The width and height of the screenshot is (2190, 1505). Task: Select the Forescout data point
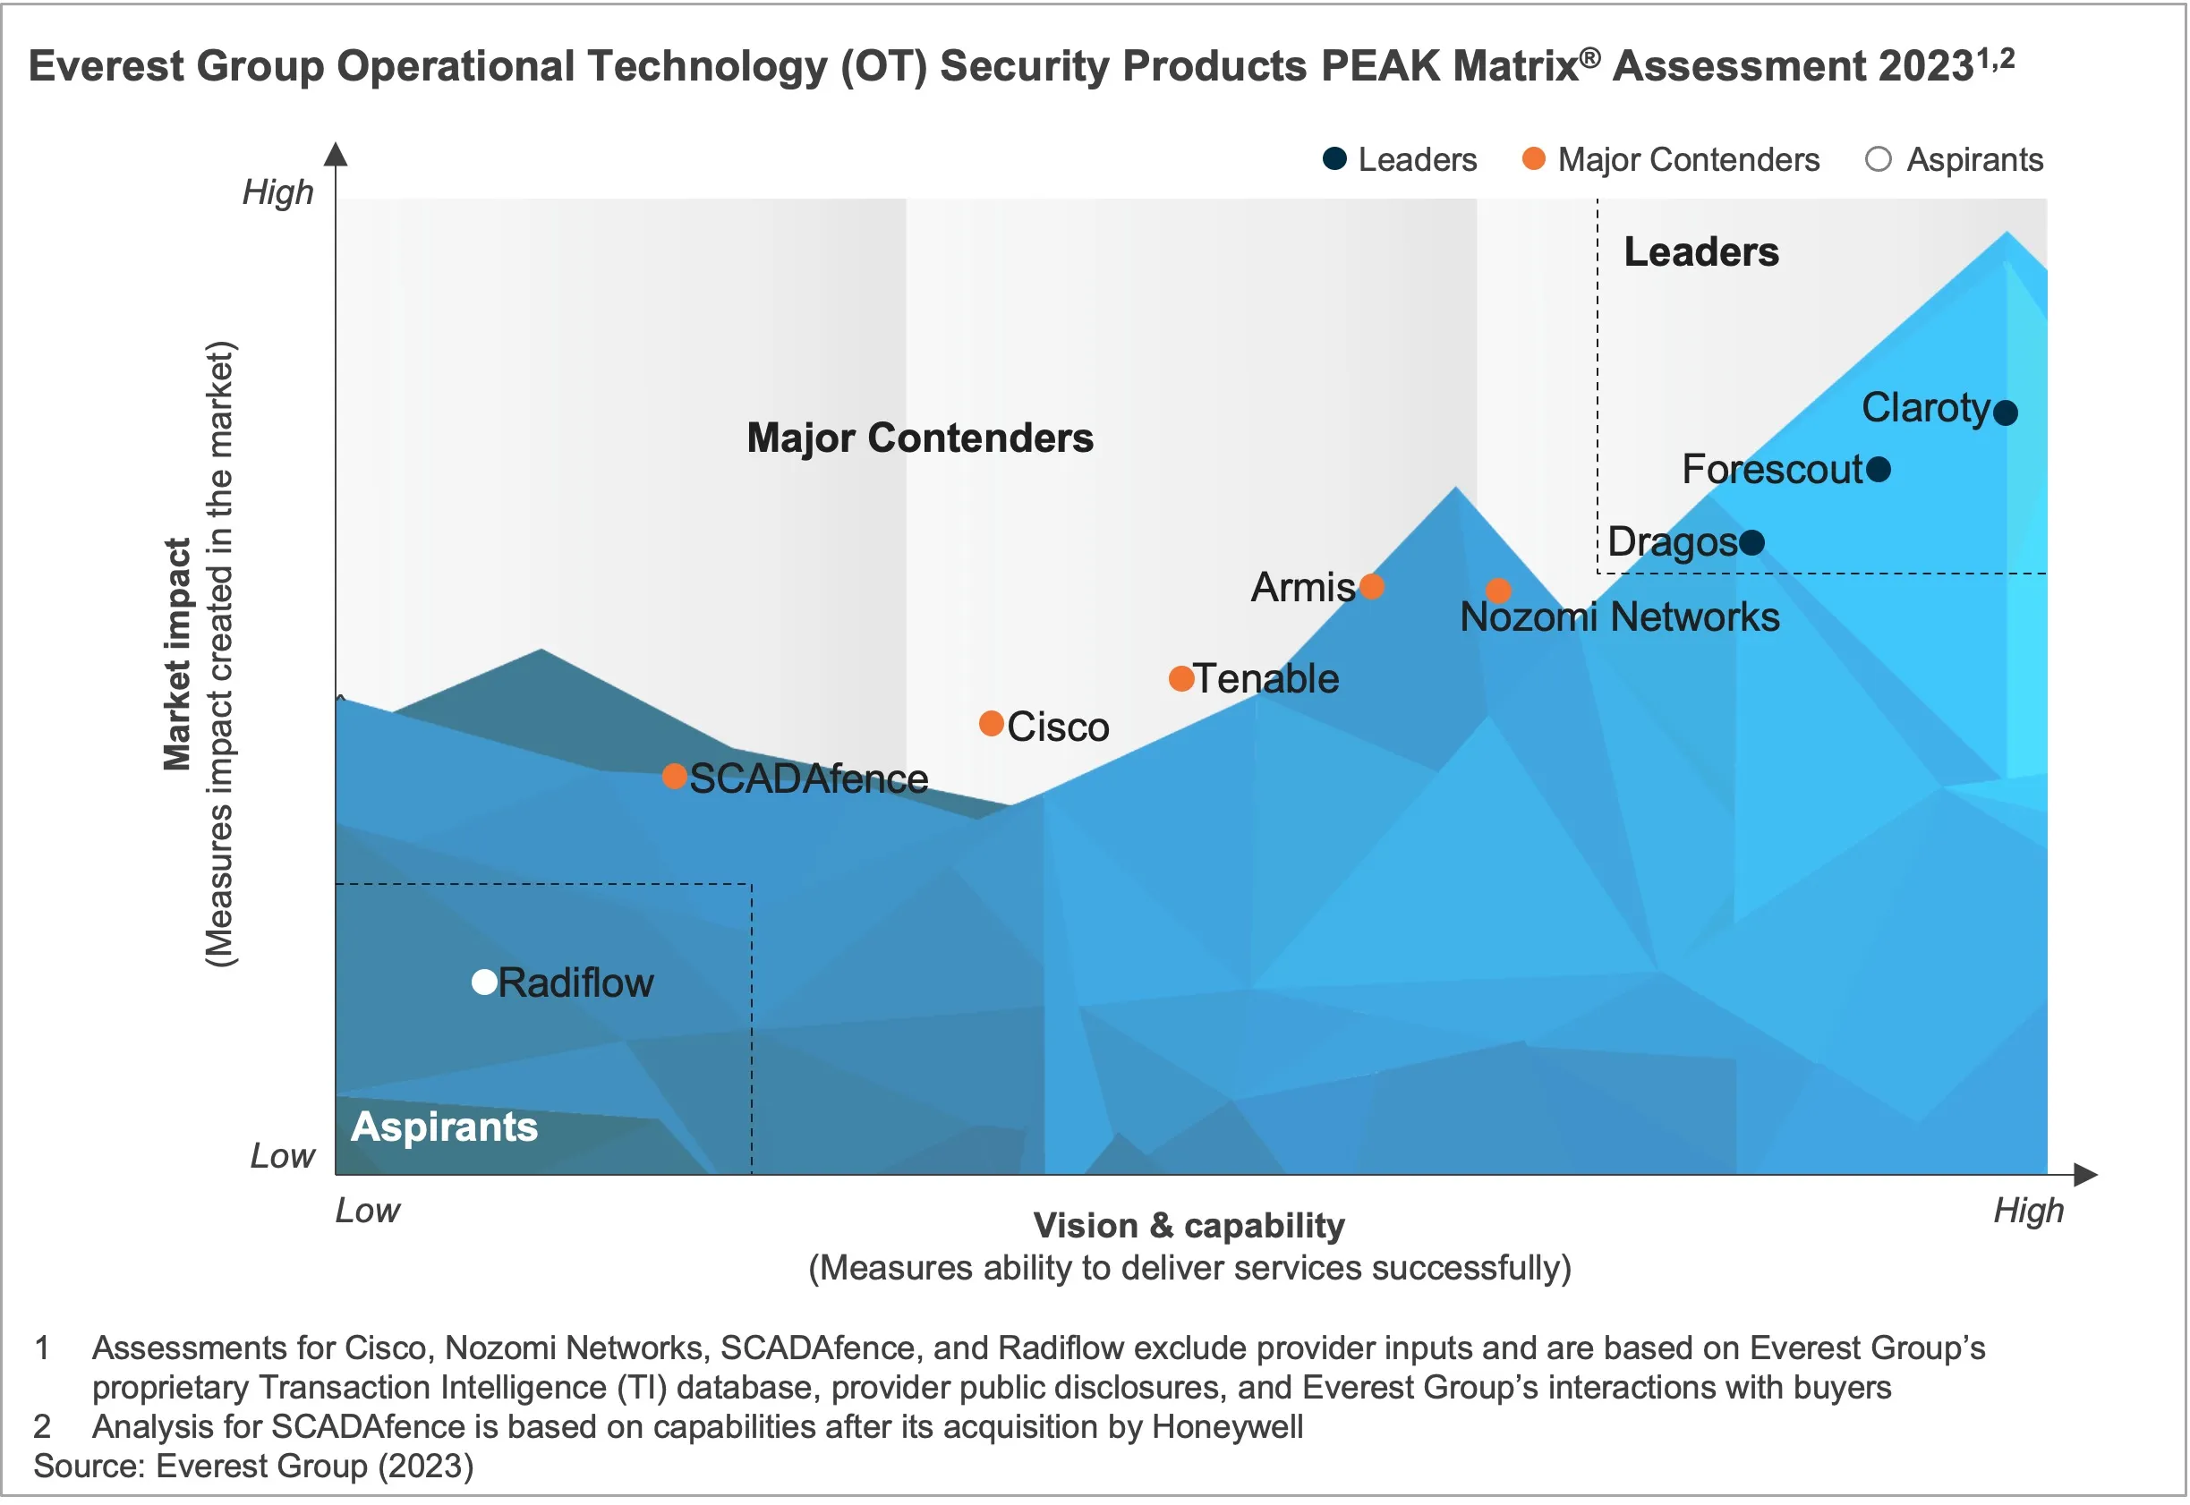(x=1879, y=469)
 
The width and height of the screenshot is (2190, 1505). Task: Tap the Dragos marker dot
(x=1751, y=542)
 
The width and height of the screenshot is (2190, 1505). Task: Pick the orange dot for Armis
(x=1372, y=587)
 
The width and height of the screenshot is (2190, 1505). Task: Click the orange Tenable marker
(x=1180, y=678)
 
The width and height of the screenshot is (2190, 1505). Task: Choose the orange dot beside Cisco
(x=992, y=723)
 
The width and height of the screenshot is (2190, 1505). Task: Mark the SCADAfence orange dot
(x=674, y=776)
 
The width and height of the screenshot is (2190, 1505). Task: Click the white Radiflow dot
(x=485, y=982)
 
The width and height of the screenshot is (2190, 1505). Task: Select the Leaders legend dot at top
(x=1334, y=158)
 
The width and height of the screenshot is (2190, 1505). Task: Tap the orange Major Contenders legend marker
(x=1535, y=158)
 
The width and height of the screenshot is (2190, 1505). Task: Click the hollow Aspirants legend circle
(x=1879, y=158)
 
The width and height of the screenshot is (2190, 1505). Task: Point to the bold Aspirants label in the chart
(x=444, y=1127)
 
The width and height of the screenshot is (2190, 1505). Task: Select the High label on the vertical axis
(x=277, y=191)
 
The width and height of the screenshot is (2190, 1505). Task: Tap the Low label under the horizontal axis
(x=368, y=1211)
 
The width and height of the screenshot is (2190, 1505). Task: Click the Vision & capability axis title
(x=1189, y=1225)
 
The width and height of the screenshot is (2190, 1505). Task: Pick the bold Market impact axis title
(x=177, y=654)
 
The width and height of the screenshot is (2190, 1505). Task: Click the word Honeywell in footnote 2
(x=1227, y=1427)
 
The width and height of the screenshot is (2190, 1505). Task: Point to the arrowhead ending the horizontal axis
(x=2086, y=1175)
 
